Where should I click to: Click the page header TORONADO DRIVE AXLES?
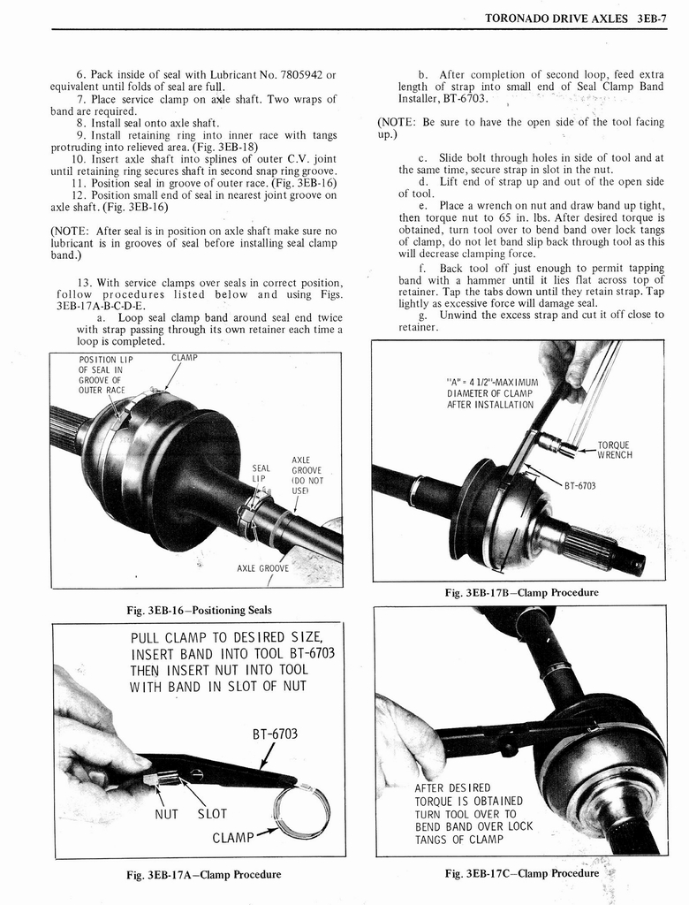(556, 17)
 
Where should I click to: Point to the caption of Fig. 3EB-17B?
(519, 592)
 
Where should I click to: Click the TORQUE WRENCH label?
(614, 451)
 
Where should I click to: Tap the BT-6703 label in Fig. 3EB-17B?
(579, 484)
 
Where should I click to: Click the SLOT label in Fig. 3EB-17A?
(211, 814)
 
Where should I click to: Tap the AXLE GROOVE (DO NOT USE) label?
(307, 475)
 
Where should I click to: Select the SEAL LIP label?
(261, 474)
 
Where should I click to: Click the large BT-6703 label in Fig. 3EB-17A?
(275, 734)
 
